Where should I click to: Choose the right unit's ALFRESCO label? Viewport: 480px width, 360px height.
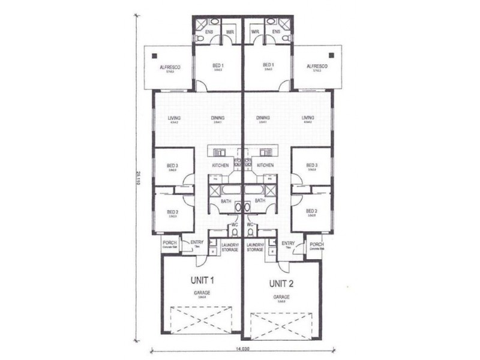pyautogui.click(x=316, y=66)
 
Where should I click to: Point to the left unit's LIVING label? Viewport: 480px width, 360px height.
pyautogui.click(x=175, y=118)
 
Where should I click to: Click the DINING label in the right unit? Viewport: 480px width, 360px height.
pyautogui.click(x=262, y=118)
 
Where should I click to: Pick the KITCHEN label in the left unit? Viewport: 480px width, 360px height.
pyautogui.click(x=220, y=164)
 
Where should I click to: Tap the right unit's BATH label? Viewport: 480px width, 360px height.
pyautogui.click(x=260, y=202)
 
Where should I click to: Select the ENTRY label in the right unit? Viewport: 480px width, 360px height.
pyautogui.click(x=288, y=243)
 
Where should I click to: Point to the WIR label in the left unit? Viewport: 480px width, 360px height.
pyautogui.click(x=229, y=32)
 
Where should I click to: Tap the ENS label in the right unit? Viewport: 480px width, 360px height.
pyautogui.click(x=276, y=32)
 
